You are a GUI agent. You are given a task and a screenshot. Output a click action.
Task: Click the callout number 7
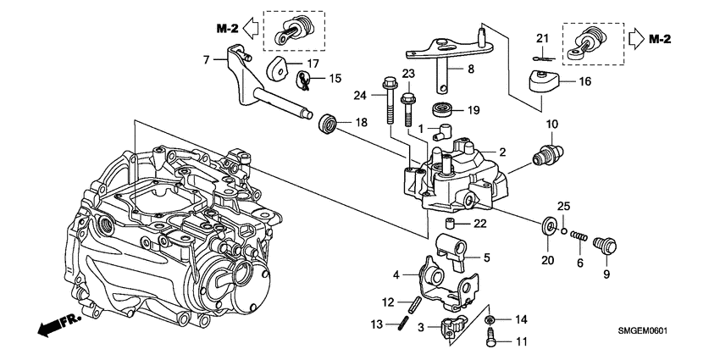(x=206, y=59)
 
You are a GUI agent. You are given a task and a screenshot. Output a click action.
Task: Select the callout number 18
(x=361, y=123)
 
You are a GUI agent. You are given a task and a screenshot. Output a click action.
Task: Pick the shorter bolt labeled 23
(x=407, y=109)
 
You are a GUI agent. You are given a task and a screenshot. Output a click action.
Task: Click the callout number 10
(x=551, y=125)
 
